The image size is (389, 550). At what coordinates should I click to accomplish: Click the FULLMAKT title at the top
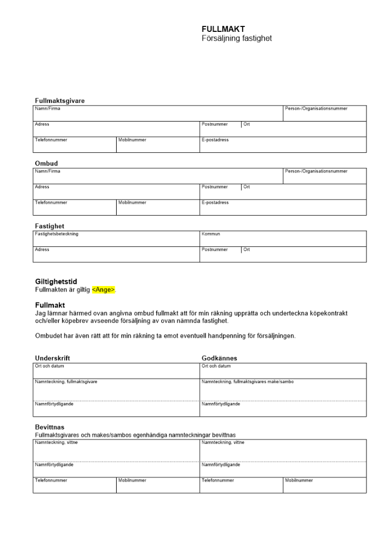coord(223,29)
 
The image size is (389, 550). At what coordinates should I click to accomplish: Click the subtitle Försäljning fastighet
coord(237,38)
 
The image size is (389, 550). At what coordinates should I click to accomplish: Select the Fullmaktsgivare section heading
coord(60,101)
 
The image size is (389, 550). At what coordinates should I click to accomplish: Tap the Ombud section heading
coord(46,163)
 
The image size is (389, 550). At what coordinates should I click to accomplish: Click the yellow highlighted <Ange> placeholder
coord(104,290)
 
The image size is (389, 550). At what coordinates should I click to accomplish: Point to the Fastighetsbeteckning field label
coord(57,234)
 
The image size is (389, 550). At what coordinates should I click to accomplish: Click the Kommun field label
coord(211,234)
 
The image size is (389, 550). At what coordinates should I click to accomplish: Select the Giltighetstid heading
coord(56,282)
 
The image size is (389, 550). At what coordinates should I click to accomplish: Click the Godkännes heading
coord(219,358)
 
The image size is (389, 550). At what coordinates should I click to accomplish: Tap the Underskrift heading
coord(52,358)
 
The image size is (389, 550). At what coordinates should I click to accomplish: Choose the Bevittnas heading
coord(50,427)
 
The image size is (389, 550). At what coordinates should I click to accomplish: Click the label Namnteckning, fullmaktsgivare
coord(66,382)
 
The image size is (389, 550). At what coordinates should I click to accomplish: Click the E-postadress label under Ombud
coord(215,202)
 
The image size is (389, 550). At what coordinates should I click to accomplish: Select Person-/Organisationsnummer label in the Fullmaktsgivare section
coord(316,108)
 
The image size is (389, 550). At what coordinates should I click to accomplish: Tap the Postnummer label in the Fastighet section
coord(215,249)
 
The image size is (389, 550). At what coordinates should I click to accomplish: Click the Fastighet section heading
coord(50,226)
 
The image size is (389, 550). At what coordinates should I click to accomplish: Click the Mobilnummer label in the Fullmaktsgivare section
coord(132,140)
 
